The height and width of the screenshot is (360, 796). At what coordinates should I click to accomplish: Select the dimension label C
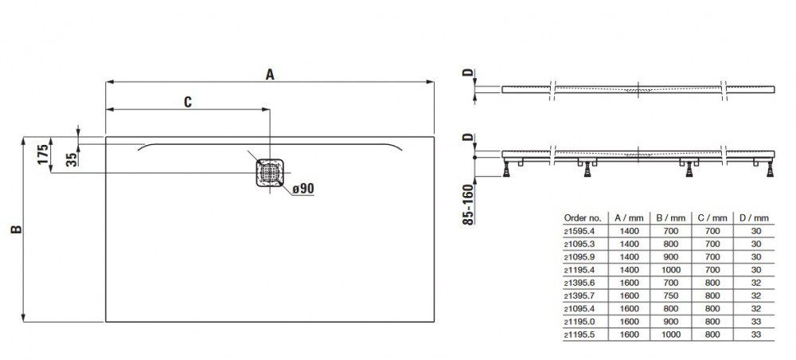[x=187, y=101]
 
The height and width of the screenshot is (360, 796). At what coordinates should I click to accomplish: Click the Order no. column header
[x=581, y=216]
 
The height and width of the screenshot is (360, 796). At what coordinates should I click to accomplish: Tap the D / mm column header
[x=754, y=216]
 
